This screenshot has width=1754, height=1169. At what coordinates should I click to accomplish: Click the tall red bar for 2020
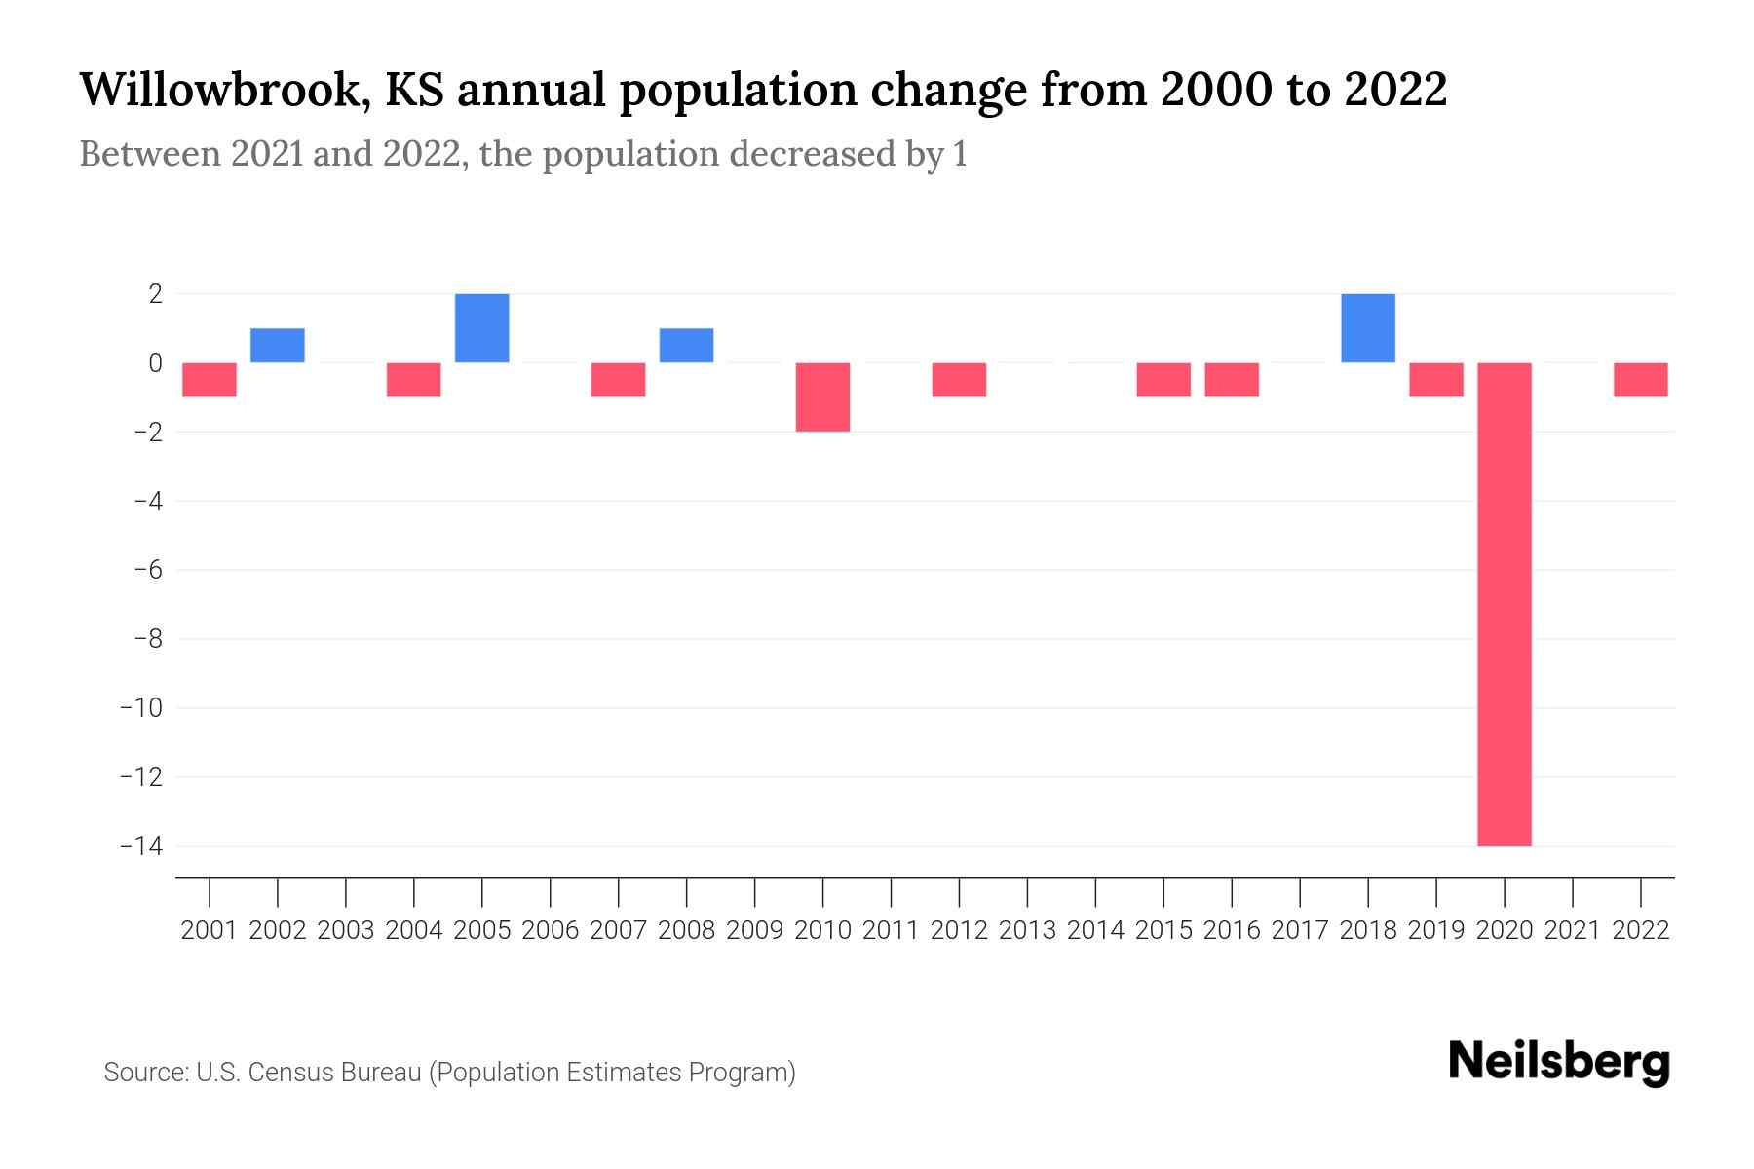(1505, 604)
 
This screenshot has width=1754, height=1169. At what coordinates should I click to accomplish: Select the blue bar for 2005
(482, 328)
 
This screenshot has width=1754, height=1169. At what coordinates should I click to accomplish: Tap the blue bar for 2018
(1368, 328)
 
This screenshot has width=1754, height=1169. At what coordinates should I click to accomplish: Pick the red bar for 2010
(823, 396)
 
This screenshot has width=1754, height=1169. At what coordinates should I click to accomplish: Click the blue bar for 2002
(278, 346)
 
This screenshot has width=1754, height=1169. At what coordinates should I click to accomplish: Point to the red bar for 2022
(1641, 380)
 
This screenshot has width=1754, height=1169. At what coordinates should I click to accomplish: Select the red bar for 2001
(210, 380)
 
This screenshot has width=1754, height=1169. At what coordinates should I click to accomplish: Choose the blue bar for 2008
(687, 346)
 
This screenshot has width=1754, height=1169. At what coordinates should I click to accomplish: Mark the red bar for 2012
(960, 380)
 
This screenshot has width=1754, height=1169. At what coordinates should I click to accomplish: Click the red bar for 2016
(1232, 380)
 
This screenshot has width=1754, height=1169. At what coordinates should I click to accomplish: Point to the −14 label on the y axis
(141, 846)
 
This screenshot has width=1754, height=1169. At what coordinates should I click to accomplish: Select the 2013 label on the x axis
(1027, 930)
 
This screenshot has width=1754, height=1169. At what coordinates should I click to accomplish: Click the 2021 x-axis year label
(1573, 930)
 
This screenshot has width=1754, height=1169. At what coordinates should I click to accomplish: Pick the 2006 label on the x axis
(551, 930)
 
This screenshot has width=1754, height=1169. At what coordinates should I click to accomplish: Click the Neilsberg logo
(1559, 1063)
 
